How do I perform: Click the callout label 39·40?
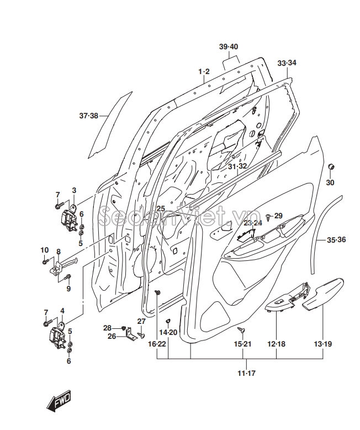[228, 46]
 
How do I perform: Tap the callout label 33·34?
[287, 63]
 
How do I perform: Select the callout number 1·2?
[204, 72]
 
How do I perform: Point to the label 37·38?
[88, 116]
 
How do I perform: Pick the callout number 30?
[330, 182]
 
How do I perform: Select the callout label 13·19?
[323, 344]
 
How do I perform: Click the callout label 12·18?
[276, 344]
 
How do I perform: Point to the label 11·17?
[246, 374]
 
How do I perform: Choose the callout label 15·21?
[242, 344]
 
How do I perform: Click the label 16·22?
[157, 344]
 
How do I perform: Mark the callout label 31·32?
[237, 166]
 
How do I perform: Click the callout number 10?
[45, 250]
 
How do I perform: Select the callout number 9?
[68, 288]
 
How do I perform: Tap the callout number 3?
[73, 191]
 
